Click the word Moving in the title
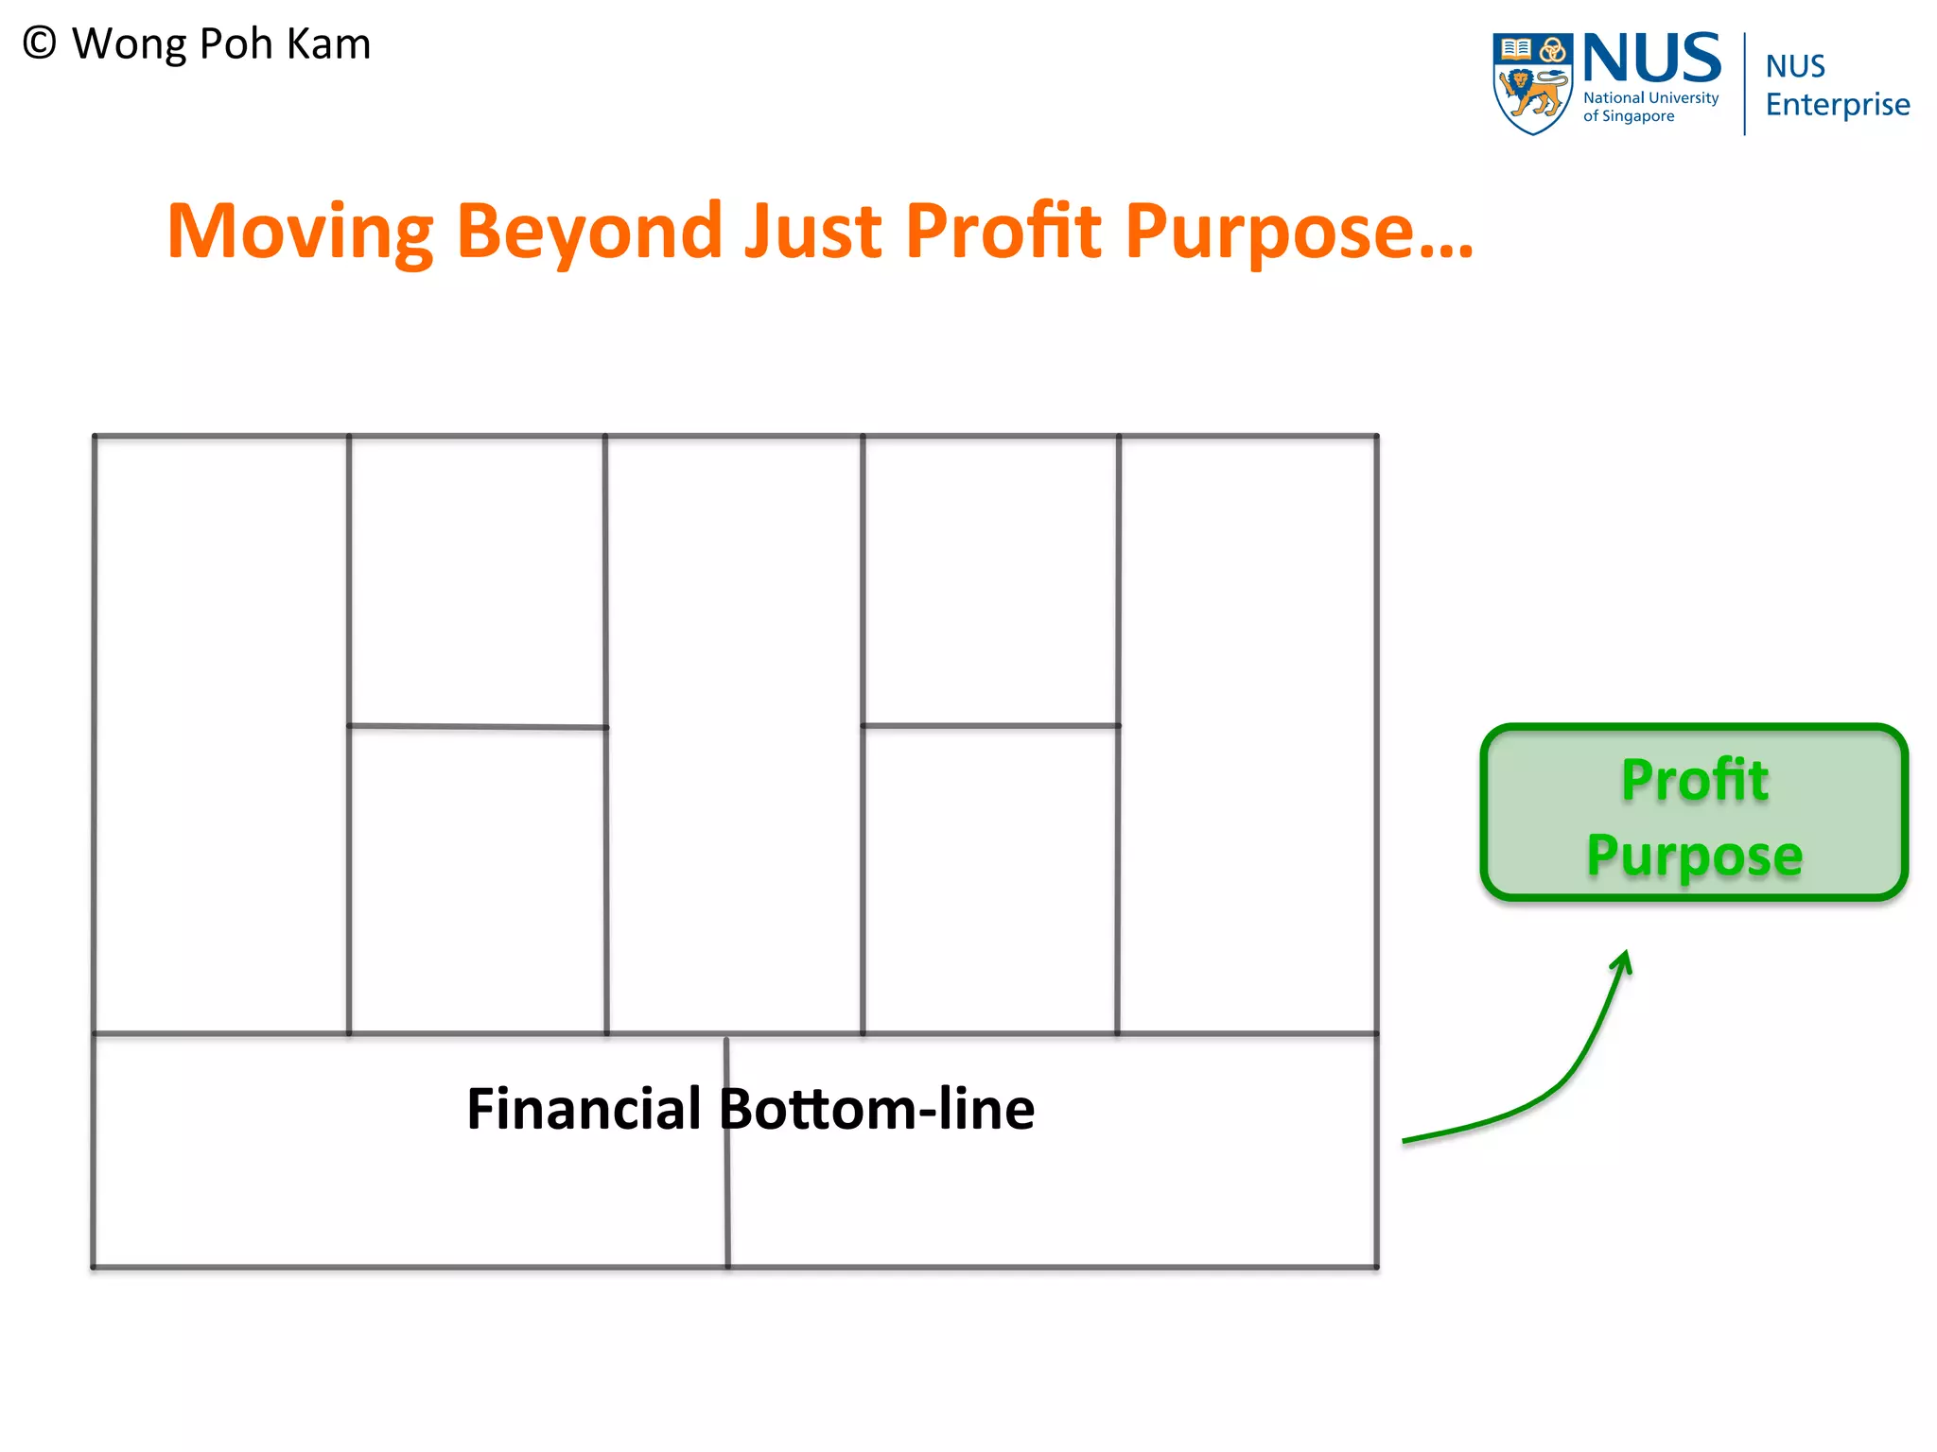tap(300, 232)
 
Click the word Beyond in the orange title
tap(590, 232)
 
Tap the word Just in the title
tap(812, 232)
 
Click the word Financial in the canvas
tap(584, 1109)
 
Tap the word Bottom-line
tap(877, 1109)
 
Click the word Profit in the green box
tap(1694, 781)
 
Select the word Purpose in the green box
tap(1694, 856)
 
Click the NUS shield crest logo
tap(1532, 83)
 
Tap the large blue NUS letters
tap(1651, 59)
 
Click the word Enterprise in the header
tap(1837, 104)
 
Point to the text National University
tap(1650, 98)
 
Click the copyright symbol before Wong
tap(40, 43)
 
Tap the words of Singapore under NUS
tap(1629, 116)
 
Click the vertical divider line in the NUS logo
tap(1744, 83)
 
